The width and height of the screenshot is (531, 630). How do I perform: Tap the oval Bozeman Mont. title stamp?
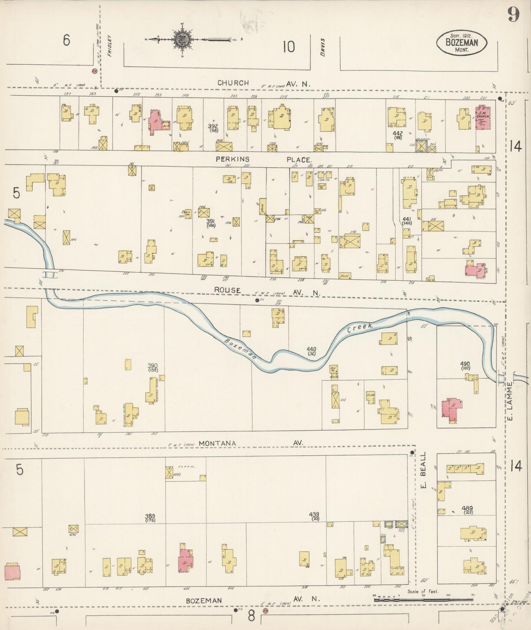click(x=462, y=43)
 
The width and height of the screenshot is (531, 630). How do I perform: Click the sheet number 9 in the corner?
click(x=513, y=15)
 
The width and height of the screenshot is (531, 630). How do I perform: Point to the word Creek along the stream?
click(x=360, y=328)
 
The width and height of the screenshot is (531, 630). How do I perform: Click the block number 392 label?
click(x=212, y=126)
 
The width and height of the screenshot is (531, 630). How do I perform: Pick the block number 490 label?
click(x=465, y=364)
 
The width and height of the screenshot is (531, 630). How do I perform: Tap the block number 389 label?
click(x=150, y=516)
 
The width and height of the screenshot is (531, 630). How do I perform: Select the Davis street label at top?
click(x=323, y=48)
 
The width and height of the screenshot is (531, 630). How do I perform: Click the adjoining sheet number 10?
click(x=289, y=47)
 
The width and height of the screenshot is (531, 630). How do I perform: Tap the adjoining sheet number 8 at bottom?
click(x=251, y=616)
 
